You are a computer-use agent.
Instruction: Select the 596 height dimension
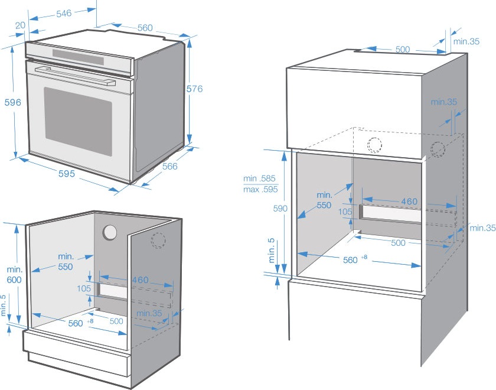click(12, 102)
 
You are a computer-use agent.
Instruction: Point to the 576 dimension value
click(194, 89)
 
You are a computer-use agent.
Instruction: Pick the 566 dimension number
click(169, 167)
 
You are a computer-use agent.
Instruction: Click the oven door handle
click(73, 73)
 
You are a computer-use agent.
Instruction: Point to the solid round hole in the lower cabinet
click(109, 233)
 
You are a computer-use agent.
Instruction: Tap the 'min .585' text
click(259, 178)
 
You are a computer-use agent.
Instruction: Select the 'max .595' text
click(260, 189)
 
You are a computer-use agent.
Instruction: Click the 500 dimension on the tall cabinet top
click(403, 50)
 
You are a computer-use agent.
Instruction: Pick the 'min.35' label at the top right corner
click(466, 41)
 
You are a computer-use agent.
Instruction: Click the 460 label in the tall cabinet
click(409, 201)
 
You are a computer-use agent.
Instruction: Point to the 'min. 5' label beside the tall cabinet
click(270, 251)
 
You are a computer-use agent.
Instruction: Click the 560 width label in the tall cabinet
click(351, 260)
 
